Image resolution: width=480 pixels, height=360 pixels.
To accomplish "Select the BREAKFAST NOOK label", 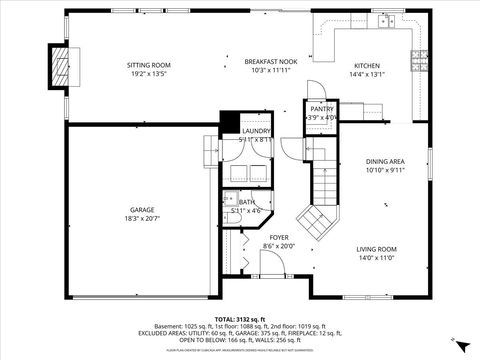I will (x=267, y=62).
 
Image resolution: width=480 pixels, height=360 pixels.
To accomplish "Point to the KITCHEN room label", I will (x=366, y=65).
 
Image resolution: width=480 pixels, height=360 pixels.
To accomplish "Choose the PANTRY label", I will (x=322, y=108).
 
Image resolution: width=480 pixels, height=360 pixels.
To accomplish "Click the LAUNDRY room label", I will (x=256, y=131).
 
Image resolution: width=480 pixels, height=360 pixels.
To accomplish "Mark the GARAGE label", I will (x=143, y=209).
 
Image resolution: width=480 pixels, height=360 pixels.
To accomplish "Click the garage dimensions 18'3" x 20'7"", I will (x=143, y=218).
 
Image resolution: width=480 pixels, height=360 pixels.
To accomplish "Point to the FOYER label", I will (x=279, y=237).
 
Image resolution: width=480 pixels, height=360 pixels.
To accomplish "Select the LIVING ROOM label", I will (x=377, y=249).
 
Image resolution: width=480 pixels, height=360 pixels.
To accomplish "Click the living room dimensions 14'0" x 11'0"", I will (x=377, y=258).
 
